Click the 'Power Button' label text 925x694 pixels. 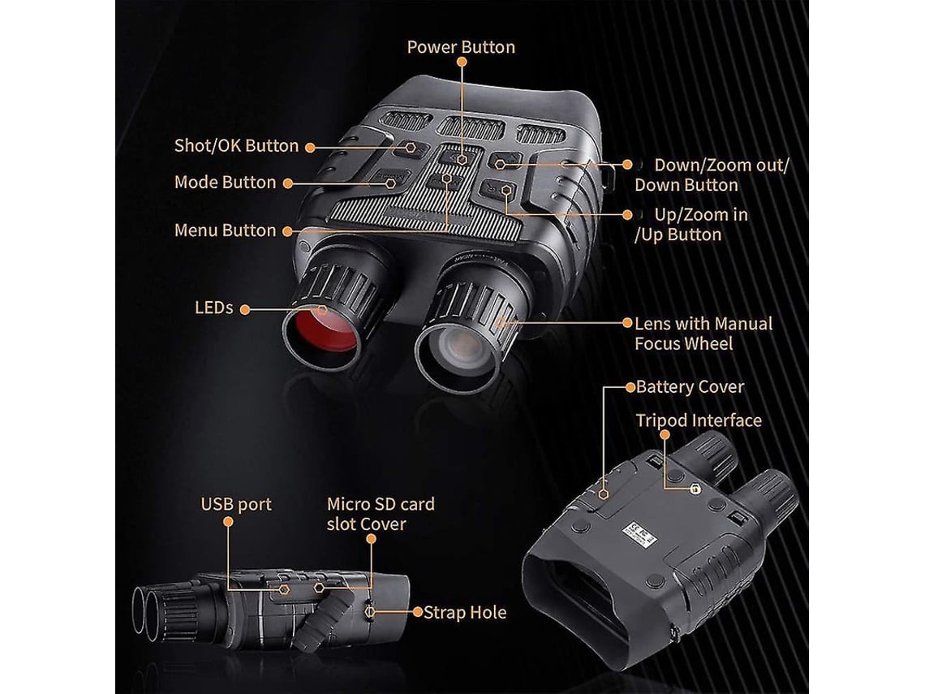coord(461,47)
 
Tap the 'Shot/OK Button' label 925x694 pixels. coord(236,146)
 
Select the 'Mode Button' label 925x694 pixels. coord(225,183)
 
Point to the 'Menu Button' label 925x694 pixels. coord(225,231)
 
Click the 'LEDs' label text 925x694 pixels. coord(213,308)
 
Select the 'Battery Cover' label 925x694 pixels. coord(690,386)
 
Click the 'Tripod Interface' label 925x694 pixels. coord(699,420)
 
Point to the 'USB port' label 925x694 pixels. coord(236,504)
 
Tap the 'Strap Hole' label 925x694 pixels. coord(465,612)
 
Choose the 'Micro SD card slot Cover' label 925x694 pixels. coord(380,514)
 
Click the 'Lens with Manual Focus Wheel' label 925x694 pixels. coord(703,334)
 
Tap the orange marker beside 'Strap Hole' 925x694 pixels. coord(417,612)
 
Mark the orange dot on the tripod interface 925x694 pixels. coord(695,489)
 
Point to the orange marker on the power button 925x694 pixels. coord(461,160)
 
